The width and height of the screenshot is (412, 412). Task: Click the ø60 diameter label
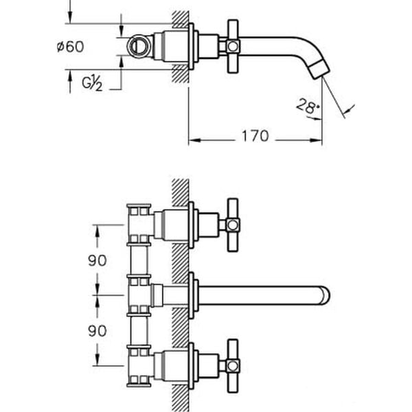(x=70, y=47)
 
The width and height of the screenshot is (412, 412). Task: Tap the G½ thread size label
(x=92, y=83)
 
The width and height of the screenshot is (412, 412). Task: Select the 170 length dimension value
(x=254, y=136)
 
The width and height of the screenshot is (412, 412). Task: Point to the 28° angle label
(x=308, y=106)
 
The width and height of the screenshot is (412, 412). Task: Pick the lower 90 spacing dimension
(x=97, y=330)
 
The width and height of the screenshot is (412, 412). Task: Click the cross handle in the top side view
(x=233, y=46)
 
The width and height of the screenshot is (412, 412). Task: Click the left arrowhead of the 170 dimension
(x=193, y=141)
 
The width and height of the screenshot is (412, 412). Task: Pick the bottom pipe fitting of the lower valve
(x=140, y=378)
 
